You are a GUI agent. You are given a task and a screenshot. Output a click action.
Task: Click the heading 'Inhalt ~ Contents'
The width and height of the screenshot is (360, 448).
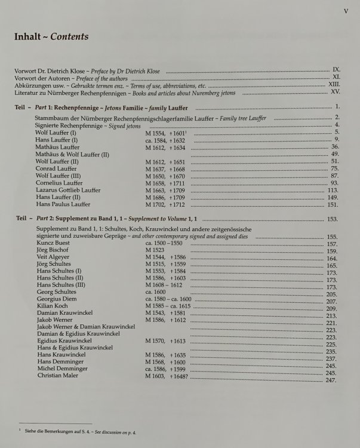[51, 37]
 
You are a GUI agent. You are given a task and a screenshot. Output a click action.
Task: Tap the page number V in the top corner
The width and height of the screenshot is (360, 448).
[346, 10]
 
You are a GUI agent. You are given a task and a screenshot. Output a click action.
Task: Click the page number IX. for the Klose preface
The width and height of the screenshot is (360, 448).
[336, 70]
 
